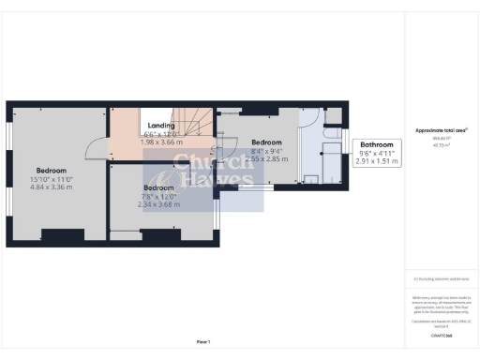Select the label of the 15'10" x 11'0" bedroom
point(52,170)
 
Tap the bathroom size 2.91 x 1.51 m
point(377,161)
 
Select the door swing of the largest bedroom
point(96,147)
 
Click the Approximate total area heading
point(441,130)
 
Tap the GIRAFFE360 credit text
point(441,334)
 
